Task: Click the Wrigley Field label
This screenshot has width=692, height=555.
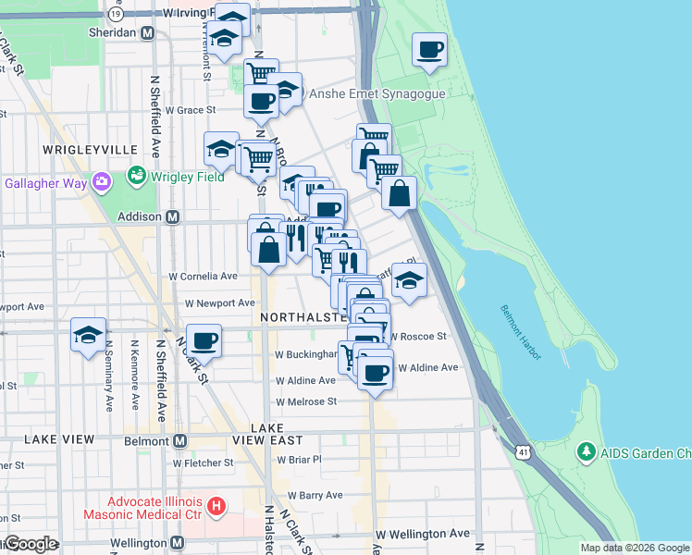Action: tap(188, 177)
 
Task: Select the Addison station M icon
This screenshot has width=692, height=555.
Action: tap(172, 217)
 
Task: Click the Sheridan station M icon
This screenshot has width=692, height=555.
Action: tap(147, 32)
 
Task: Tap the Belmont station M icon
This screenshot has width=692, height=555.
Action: tap(179, 441)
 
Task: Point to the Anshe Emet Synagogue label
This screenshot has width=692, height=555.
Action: tap(377, 93)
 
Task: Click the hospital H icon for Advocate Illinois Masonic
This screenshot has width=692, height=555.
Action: tap(216, 506)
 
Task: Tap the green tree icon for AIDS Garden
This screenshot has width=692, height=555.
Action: tap(585, 452)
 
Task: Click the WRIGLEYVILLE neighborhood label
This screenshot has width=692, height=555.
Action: tap(90, 149)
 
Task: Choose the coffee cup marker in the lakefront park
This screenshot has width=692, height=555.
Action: tap(429, 50)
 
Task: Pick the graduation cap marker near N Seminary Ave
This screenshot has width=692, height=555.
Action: tap(89, 335)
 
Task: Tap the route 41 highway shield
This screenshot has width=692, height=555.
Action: tap(524, 451)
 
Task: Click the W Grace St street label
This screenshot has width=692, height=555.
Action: tap(190, 109)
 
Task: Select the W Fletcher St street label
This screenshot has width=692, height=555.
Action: tap(203, 462)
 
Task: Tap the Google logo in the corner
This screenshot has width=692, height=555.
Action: tap(30, 544)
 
